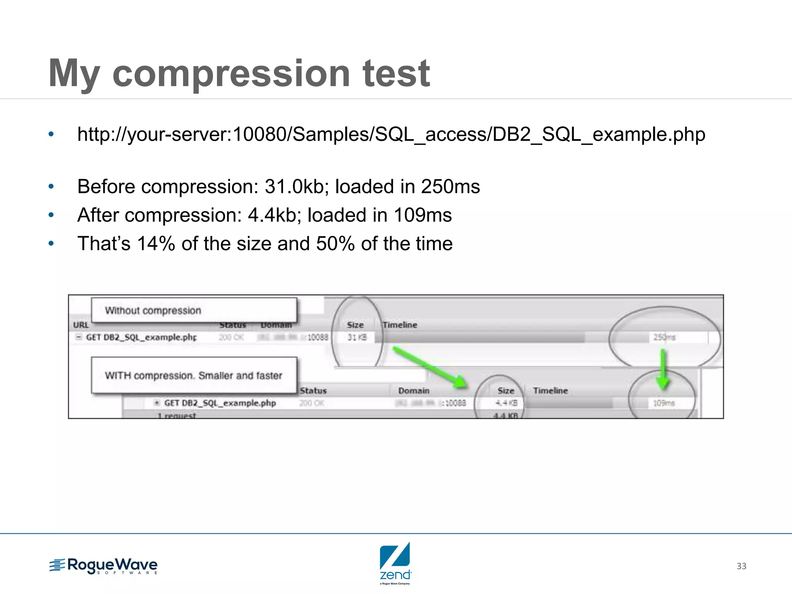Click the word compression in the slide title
tap(231, 73)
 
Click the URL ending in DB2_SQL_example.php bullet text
tap(391, 135)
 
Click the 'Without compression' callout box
tap(193, 310)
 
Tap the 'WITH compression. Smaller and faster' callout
tap(193, 375)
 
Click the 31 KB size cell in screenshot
tap(357, 337)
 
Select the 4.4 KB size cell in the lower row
tap(506, 403)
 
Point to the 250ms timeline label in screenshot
tap(664, 337)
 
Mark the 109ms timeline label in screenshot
tap(664, 403)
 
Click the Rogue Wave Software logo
tap(104, 566)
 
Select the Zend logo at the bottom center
tap(395, 563)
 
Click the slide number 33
tap(741, 566)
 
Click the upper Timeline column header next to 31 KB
tap(399, 325)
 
